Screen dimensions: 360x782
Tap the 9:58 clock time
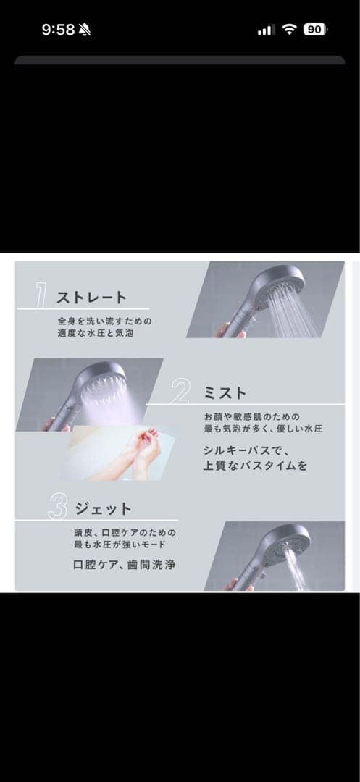click(x=58, y=30)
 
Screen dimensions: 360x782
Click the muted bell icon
click(x=84, y=30)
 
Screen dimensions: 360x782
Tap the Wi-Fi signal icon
click(x=289, y=30)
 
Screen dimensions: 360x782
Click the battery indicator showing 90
click(x=315, y=30)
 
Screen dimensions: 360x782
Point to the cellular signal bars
click(x=266, y=30)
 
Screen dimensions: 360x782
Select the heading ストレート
click(x=91, y=298)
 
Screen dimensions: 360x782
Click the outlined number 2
click(x=180, y=392)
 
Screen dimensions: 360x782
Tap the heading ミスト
click(x=225, y=393)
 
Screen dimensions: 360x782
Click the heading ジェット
click(x=103, y=509)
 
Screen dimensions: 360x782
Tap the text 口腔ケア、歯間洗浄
click(x=124, y=565)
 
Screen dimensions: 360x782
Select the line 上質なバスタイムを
click(x=255, y=466)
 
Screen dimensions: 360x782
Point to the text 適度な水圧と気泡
click(x=95, y=332)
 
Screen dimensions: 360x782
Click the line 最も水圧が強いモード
click(x=120, y=544)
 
